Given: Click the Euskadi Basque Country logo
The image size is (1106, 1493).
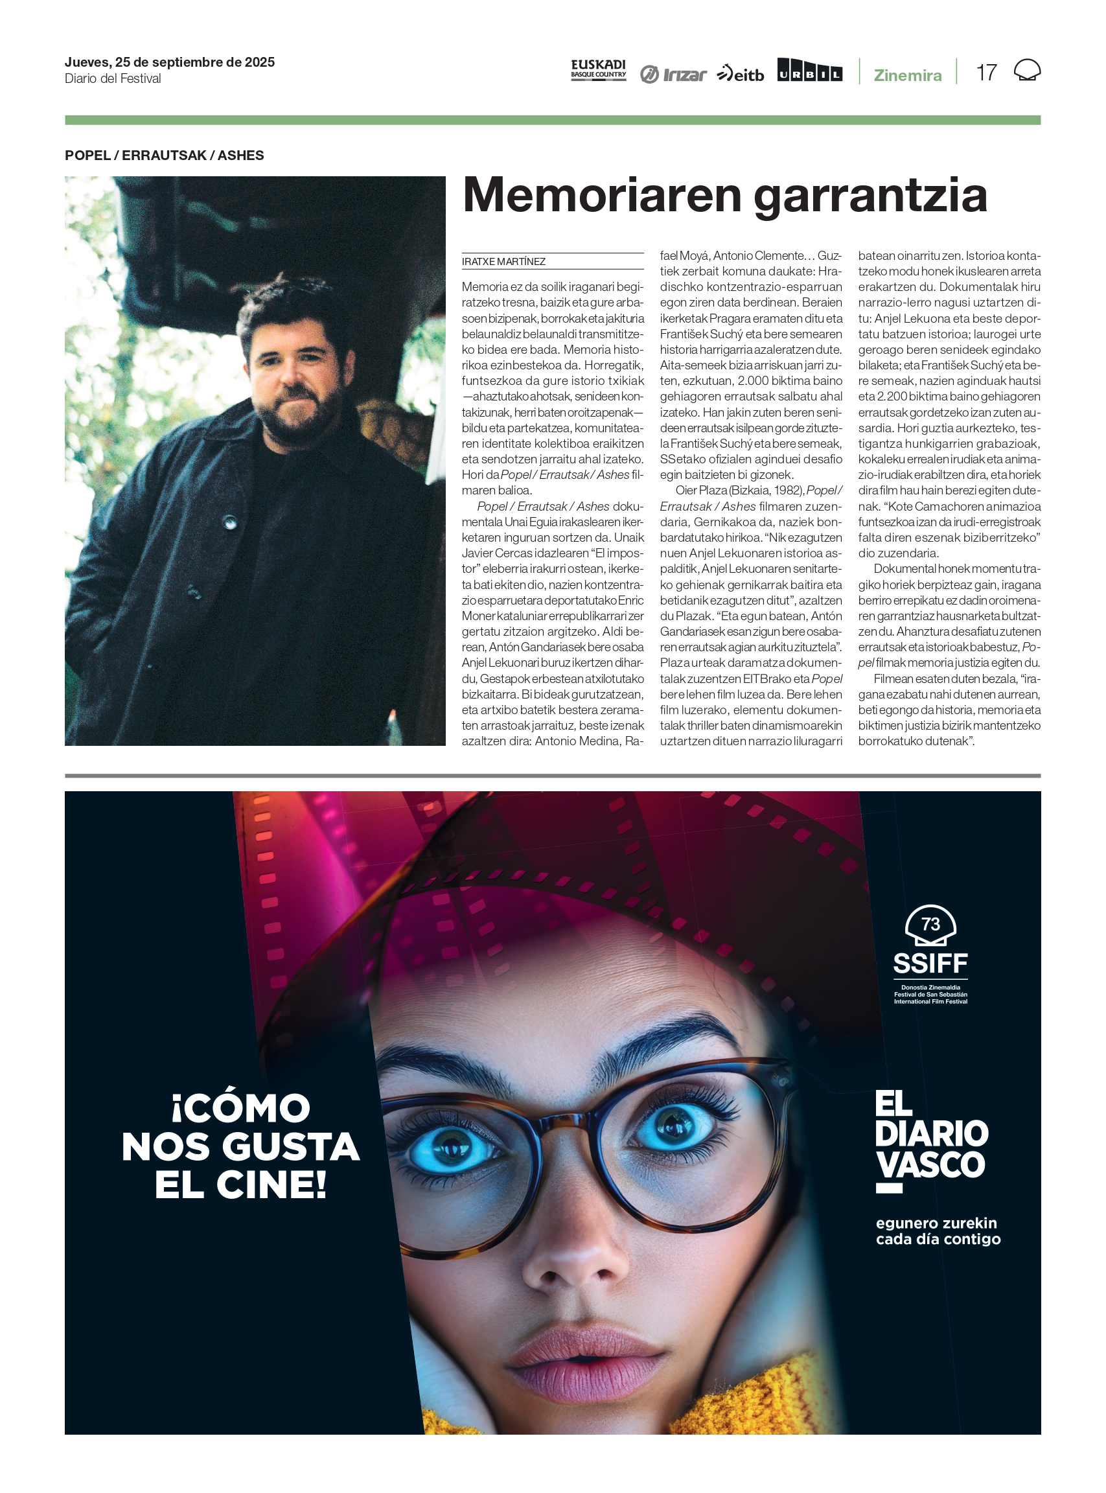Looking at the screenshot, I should click(x=598, y=69).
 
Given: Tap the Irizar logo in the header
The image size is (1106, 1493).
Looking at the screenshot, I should click(x=673, y=74).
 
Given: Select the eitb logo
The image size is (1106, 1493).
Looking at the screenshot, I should click(x=740, y=74).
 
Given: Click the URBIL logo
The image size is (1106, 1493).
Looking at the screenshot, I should click(x=809, y=70).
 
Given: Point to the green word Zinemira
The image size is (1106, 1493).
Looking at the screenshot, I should click(x=907, y=75).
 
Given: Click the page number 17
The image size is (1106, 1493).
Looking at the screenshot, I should click(x=986, y=73).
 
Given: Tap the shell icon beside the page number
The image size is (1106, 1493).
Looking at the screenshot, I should click(x=1027, y=70).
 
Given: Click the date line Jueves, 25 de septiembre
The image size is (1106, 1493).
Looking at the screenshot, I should click(x=169, y=62).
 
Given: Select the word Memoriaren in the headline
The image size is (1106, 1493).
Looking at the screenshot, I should click(x=603, y=196).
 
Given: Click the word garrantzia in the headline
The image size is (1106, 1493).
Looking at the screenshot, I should click(x=870, y=196).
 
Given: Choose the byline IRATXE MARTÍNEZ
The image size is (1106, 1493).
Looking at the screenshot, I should click(x=503, y=262).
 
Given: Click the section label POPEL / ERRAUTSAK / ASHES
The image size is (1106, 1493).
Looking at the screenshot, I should click(x=164, y=156).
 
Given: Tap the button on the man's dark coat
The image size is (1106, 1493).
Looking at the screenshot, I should click(x=230, y=522).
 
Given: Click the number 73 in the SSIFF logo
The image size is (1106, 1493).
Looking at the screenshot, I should click(x=930, y=924).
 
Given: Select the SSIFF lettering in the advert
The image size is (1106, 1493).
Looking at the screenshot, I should click(x=930, y=964).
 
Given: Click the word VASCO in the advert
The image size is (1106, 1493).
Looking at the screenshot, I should click(x=930, y=1165).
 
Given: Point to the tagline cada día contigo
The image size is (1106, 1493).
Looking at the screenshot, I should click(x=938, y=1239).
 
